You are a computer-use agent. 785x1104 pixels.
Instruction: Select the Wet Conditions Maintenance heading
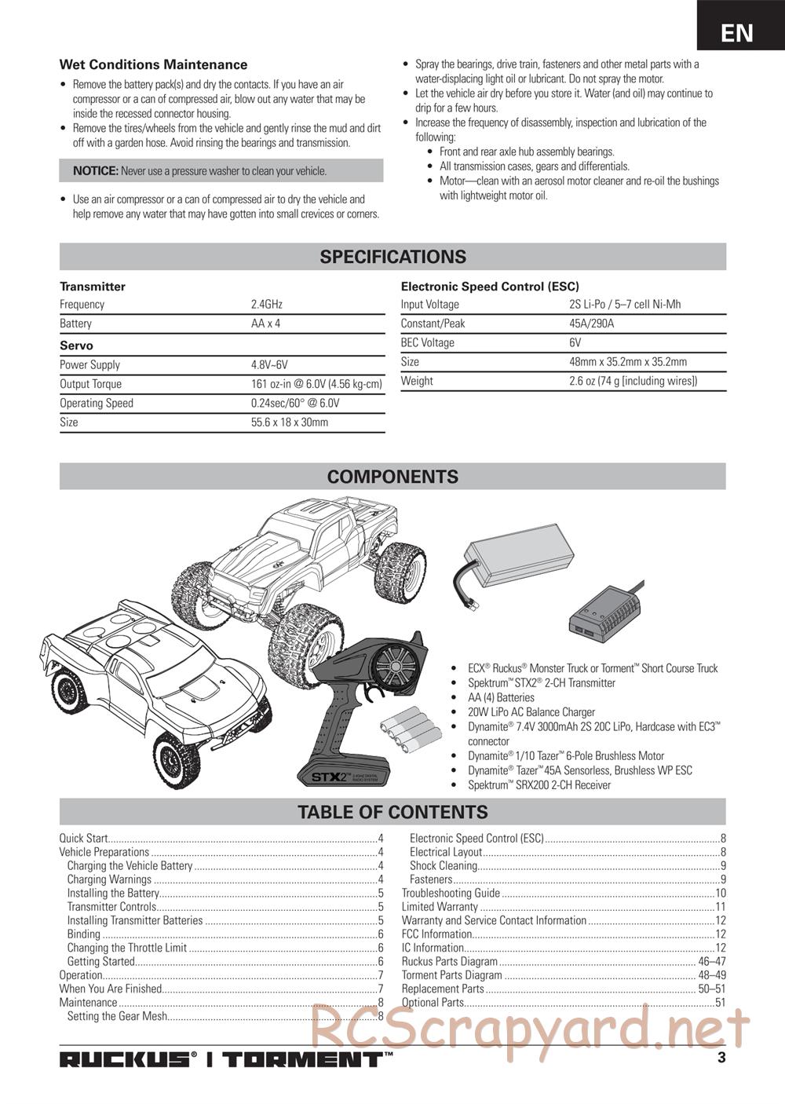coord(153,65)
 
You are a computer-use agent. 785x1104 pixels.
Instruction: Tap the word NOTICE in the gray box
coord(95,171)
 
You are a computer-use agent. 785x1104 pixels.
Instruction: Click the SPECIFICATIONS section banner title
coord(392,257)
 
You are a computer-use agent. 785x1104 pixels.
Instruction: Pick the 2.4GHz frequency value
coord(266,305)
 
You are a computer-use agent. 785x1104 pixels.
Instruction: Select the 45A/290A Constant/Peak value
coord(591,324)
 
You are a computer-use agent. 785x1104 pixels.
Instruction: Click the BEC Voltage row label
coord(427,342)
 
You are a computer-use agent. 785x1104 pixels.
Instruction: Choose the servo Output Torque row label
coord(90,384)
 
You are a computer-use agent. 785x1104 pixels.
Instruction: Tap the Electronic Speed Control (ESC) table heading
coord(490,287)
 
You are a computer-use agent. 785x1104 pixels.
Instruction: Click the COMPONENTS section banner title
coord(392,477)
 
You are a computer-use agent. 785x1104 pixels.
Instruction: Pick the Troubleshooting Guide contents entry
coord(451,893)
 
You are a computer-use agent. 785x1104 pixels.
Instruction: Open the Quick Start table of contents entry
coord(84,839)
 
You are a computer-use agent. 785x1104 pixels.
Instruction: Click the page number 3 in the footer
coord(721,1057)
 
